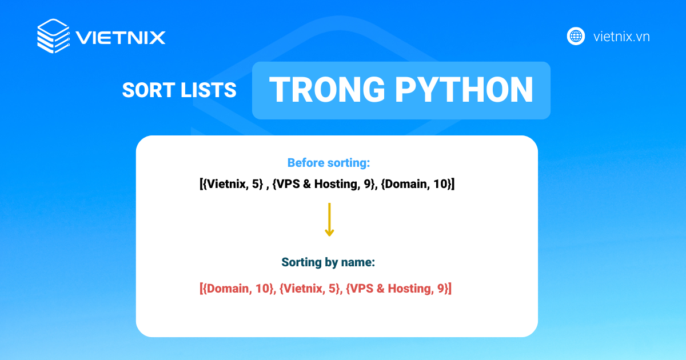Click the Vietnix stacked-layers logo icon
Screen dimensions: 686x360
pyautogui.click(x=54, y=36)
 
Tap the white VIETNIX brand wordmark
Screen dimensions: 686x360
pyautogui.click(x=121, y=38)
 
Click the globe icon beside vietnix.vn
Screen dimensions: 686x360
pyautogui.click(x=576, y=37)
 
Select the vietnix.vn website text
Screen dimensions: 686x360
pyautogui.click(x=621, y=37)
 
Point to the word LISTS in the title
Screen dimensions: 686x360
pyautogui.click(x=209, y=90)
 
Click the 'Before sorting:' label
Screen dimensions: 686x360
pyautogui.click(x=329, y=163)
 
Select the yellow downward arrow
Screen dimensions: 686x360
pyautogui.click(x=329, y=219)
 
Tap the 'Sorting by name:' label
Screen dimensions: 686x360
pyautogui.click(x=328, y=262)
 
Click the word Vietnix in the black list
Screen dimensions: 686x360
pyautogui.click(x=226, y=183)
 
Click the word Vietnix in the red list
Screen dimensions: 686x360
pyautogui.click(x=304, y=289)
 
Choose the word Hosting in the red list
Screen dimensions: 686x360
pyautogui.click(x=410, y=289)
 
